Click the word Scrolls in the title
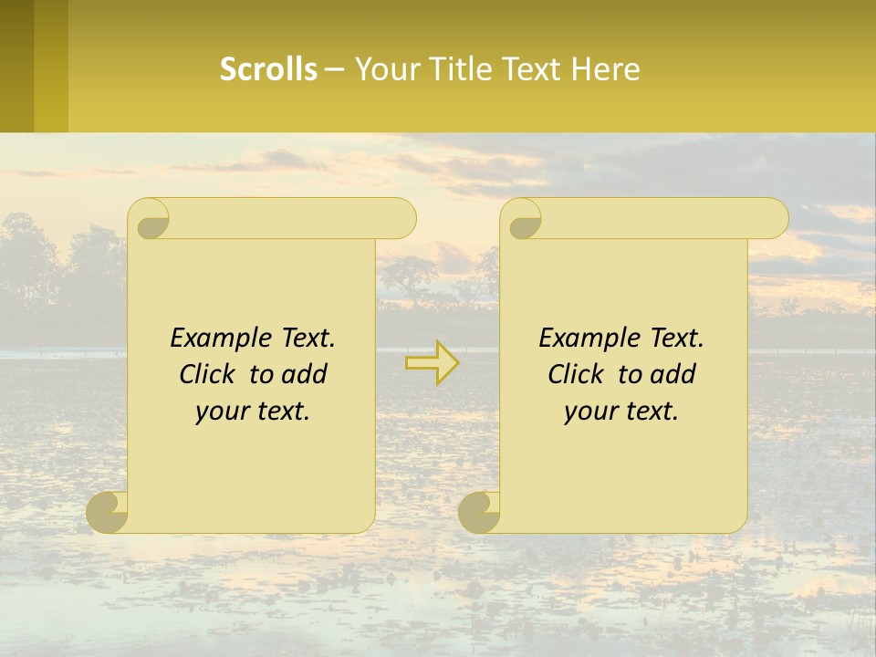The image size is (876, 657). click(x=268, y=69)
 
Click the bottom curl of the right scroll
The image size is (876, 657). click(x=481, y=513)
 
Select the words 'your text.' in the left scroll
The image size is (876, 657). click(x=253, y=412)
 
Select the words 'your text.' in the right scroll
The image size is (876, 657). click(x=621, y=412)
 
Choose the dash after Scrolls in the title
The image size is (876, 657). click(x=335, y=69)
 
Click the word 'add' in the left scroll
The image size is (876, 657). click(x=305, y=374)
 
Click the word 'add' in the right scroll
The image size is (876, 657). click(x=673, y=374)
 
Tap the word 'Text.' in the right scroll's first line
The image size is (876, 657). click(x=677, y=338)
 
